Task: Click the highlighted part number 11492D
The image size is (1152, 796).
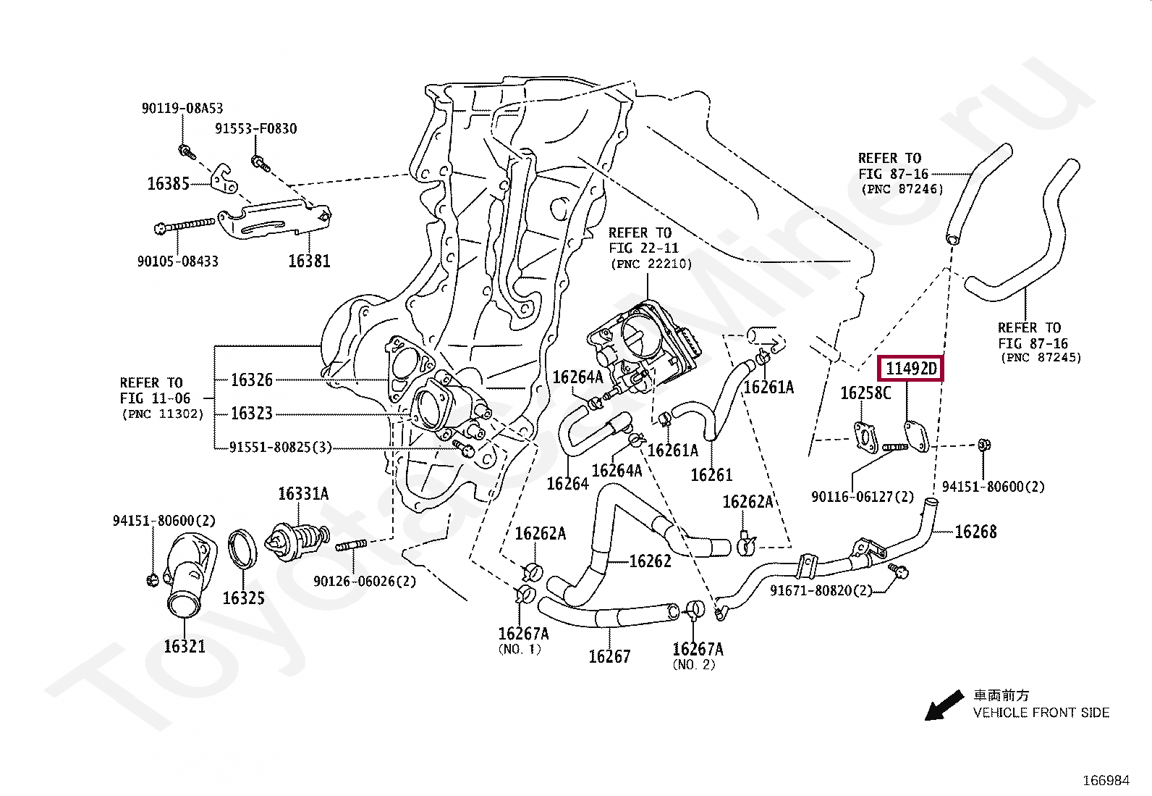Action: click(910, 369)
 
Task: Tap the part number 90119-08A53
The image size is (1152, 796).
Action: click(182, 109)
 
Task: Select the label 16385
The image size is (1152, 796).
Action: click(168, 184)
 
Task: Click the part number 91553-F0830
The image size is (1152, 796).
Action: click(255, 129)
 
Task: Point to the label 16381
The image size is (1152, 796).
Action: click(309, 261)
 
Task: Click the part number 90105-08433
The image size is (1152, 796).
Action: click(178, 261)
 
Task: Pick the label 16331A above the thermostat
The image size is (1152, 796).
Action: click(303, 494)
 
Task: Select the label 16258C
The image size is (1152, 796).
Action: click(865, 393)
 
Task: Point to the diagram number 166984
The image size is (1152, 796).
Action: click(1106, 780)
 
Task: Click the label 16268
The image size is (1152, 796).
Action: click(975, 532)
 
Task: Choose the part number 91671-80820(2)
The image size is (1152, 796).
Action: click(821, 591)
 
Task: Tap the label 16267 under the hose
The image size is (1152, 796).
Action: click(609, 657)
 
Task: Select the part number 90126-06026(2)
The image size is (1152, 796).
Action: click(365, 581)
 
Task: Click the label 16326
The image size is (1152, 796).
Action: click(252, 380)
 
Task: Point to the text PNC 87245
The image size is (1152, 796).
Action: click(1041, 357)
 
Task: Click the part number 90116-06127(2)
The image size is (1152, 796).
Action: click(863, 497)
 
